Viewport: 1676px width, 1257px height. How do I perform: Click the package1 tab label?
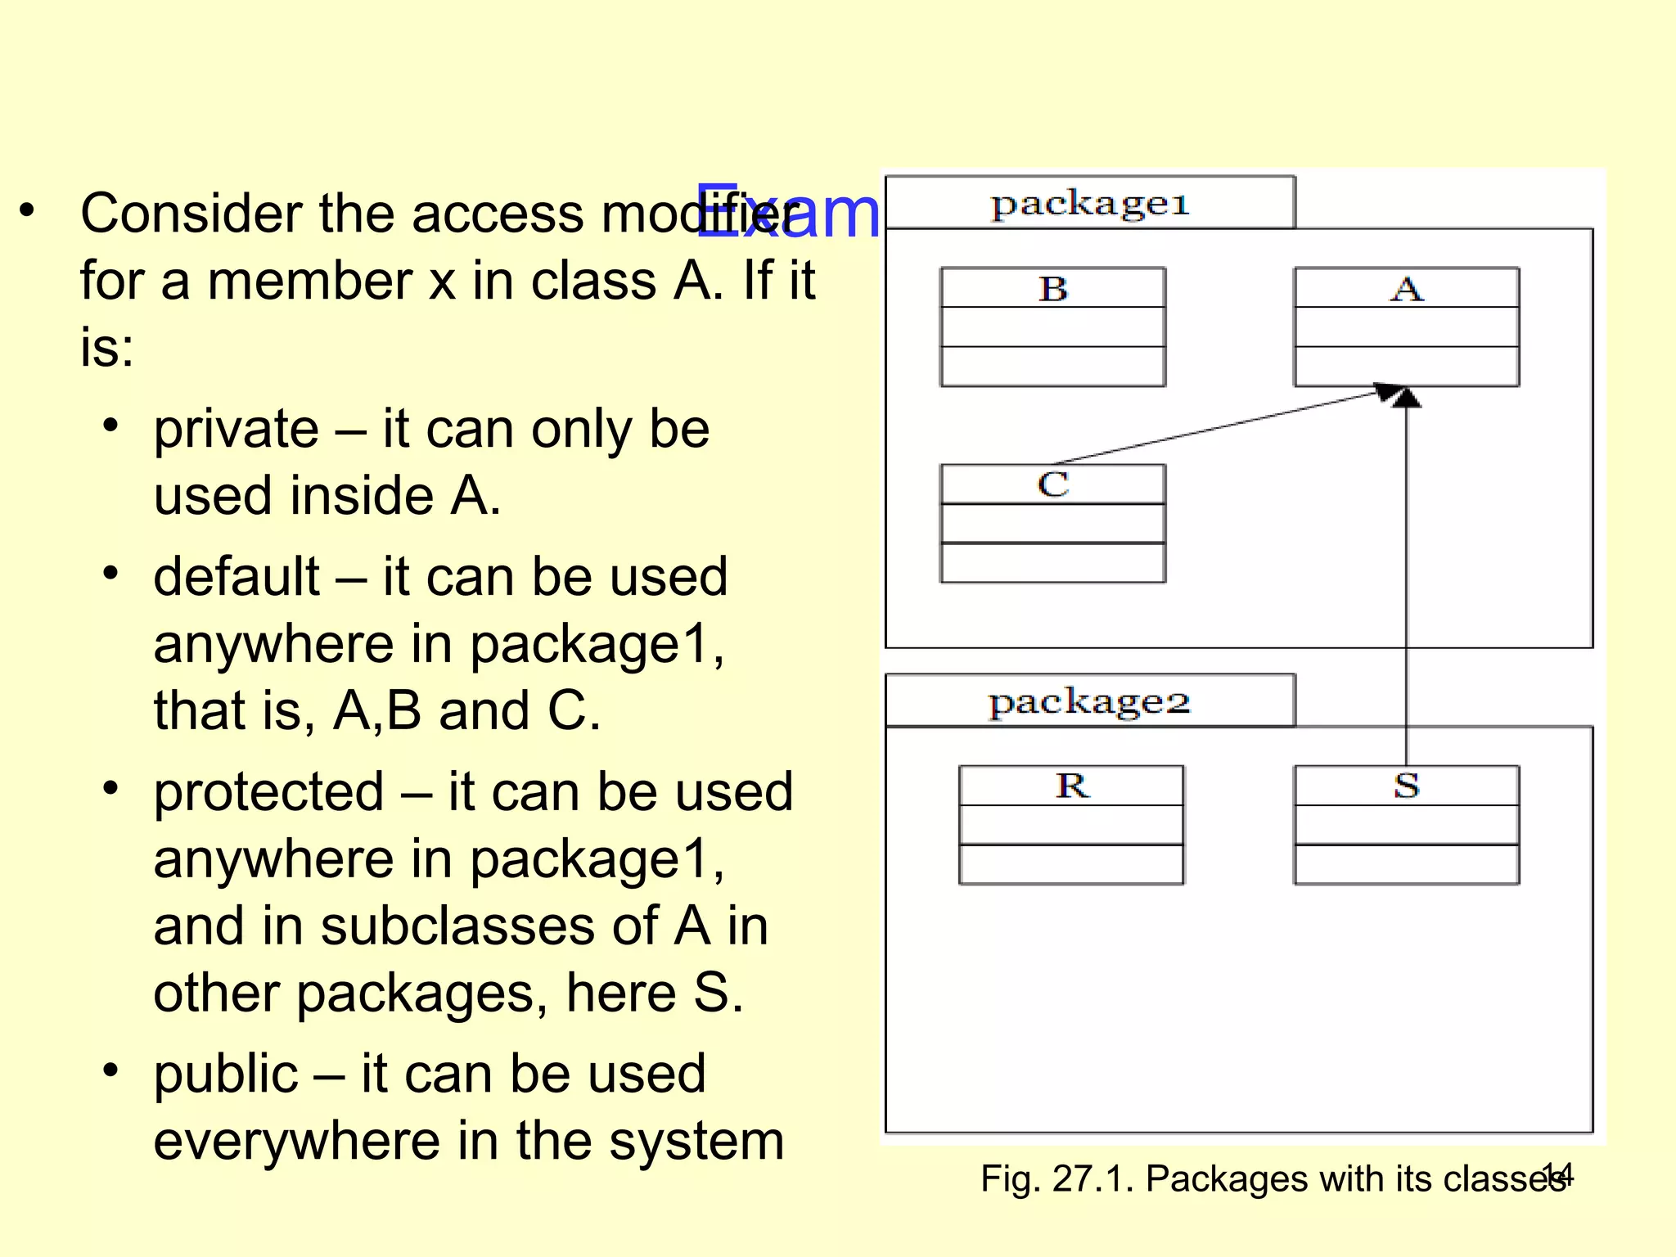[1089, 204]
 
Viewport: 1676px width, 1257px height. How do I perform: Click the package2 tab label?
[1089, 702]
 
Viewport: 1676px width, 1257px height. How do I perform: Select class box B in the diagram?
[1053, 327]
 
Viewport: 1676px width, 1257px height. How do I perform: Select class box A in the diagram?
[1406, 327]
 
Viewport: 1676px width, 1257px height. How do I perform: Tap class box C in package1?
[1053, 524]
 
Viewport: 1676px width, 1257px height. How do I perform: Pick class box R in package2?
[1071, 825]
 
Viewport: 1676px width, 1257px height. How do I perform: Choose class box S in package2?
[1406, 825]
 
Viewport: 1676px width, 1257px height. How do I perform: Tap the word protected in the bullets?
[268, 792]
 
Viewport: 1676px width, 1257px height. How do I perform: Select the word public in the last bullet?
[225, 1074]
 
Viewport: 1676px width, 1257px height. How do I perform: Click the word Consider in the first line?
[191, 214]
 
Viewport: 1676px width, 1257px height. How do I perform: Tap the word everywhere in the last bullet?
[296, 1141]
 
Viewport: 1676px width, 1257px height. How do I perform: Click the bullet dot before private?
[111, 426]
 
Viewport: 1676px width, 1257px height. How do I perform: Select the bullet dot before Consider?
[27, 210]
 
